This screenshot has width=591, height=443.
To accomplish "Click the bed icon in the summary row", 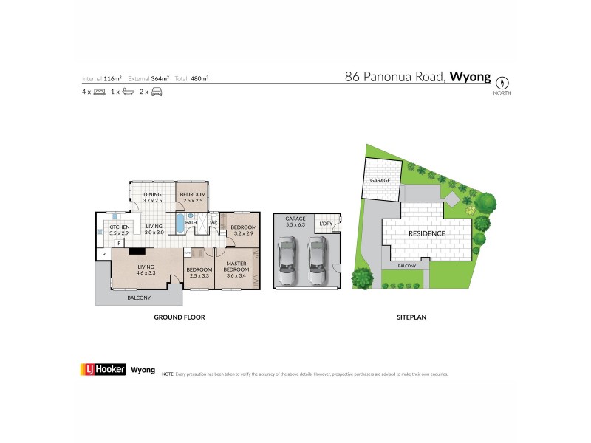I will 99,92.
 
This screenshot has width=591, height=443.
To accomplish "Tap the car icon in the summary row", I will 157,92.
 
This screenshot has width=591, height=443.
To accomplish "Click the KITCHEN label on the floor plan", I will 119,227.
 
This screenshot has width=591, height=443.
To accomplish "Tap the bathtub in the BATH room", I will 180,223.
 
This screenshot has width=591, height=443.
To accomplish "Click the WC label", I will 213,222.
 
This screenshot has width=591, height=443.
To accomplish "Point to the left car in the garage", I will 287,261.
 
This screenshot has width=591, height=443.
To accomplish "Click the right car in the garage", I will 317,261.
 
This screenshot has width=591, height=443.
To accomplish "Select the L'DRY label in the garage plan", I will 325,224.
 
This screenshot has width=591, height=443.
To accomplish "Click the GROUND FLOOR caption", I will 179,317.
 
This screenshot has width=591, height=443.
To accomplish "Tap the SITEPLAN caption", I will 412,317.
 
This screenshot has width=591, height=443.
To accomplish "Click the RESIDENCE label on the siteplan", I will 426,233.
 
